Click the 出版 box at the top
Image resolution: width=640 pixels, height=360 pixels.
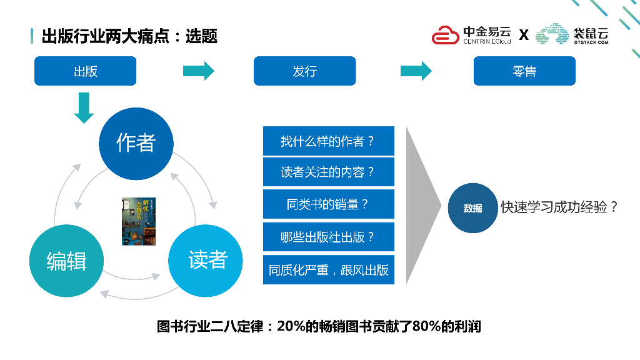pos(85,71)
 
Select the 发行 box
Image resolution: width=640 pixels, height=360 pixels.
pos(304,71)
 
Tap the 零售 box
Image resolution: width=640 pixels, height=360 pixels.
pos(524,71)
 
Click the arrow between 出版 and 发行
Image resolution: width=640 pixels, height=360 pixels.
pos(198,71)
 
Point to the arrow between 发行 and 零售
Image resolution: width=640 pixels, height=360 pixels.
pos(416,71)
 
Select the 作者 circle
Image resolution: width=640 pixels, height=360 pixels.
pos(136,143)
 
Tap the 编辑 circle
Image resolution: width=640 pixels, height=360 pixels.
pos(66,261)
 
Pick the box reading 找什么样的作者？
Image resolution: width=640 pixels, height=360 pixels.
pos(329,141)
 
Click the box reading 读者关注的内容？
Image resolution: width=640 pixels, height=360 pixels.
pos(329,172)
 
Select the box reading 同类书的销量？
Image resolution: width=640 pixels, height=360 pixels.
pos(329,204)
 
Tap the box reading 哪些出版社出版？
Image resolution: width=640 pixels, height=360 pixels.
pos(329,237)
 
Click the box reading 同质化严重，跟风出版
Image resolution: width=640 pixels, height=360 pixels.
pos(329,270)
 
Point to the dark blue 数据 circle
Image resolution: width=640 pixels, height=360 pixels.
pos(472,208)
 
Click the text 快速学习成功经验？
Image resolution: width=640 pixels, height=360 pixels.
pos(560,207)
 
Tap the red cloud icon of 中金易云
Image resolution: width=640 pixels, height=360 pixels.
pos(446,35)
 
